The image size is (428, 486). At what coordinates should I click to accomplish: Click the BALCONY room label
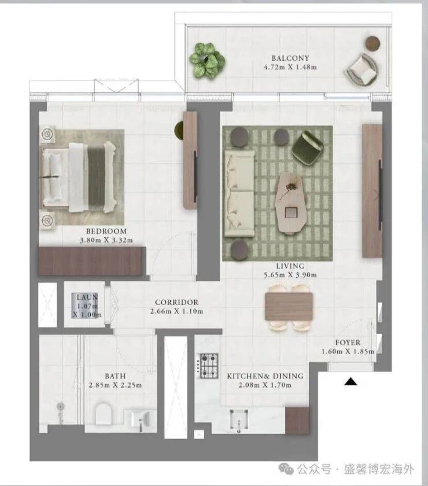[x=290, y=58]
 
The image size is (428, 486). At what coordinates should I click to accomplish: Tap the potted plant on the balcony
[x=207, y=60]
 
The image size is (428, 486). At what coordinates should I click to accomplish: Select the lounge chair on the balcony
[x=361, y=70]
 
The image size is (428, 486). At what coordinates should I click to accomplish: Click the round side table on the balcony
[x=372, y=43]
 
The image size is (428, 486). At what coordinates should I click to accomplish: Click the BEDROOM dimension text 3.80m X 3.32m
[x=106, y=240]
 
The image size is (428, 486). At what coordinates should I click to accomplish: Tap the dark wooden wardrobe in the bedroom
[x=92, y=261]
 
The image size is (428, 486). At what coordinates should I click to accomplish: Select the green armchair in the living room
[x=308, y=146]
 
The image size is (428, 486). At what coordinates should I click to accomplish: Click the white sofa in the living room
[x=239, y=194]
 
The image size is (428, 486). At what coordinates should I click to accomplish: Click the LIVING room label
[x=290, y=266]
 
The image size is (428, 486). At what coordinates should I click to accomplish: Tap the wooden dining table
[x=289, y=307]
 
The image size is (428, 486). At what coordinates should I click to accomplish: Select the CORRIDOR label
[x=176, y=302]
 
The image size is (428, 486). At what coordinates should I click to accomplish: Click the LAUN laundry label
[x=87, y=297]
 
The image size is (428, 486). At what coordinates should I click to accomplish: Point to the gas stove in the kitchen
[x=208, y=366]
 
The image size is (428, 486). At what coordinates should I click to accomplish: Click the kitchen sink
[x=239, y=420]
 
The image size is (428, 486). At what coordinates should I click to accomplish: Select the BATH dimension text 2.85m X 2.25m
[x=115, y=385]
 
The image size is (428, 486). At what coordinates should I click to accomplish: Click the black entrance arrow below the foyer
[x=350, y=381]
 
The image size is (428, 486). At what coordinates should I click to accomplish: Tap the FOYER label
[x=348, y=343]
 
